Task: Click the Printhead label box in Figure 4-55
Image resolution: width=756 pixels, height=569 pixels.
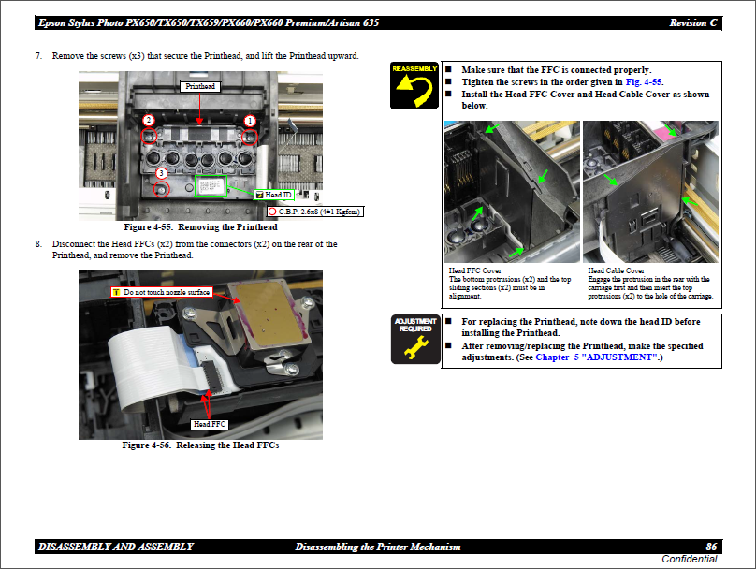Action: coord(200,87)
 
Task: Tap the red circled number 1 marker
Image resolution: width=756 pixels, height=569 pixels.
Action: coord(250,121)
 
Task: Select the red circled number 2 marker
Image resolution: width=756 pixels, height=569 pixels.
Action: coord(149,121)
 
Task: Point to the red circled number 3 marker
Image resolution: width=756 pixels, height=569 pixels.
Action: coord(161,173)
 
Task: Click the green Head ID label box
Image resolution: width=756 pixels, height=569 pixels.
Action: coord(274,195)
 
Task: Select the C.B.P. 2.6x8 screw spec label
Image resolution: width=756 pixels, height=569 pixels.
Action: coord(314,212)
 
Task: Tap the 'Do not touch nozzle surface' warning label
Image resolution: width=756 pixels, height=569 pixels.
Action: coord(162,292)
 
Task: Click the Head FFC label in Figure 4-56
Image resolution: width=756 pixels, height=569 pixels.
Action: coord(210,424)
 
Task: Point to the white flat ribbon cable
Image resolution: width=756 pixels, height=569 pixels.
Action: coord(145,367)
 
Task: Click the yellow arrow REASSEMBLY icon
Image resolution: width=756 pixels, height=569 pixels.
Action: coord(414,85)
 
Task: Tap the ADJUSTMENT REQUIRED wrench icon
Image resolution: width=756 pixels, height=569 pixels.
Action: coord(415,339)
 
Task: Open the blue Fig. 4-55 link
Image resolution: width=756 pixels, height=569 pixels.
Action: coord(644,82)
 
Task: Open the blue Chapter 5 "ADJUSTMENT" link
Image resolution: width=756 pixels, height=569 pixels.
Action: coord(596,357)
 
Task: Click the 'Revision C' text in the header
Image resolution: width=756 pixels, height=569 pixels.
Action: coord(692,22)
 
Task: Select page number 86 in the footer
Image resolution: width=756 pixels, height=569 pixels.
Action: coord(711,547)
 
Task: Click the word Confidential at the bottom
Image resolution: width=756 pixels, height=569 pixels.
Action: coord(689,559)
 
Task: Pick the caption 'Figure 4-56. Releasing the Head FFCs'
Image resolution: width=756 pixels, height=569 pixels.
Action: coord(200,445)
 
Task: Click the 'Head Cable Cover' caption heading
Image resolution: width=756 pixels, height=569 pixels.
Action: coord(617,270)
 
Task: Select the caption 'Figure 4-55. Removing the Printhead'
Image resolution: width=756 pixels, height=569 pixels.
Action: coord(200,227)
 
